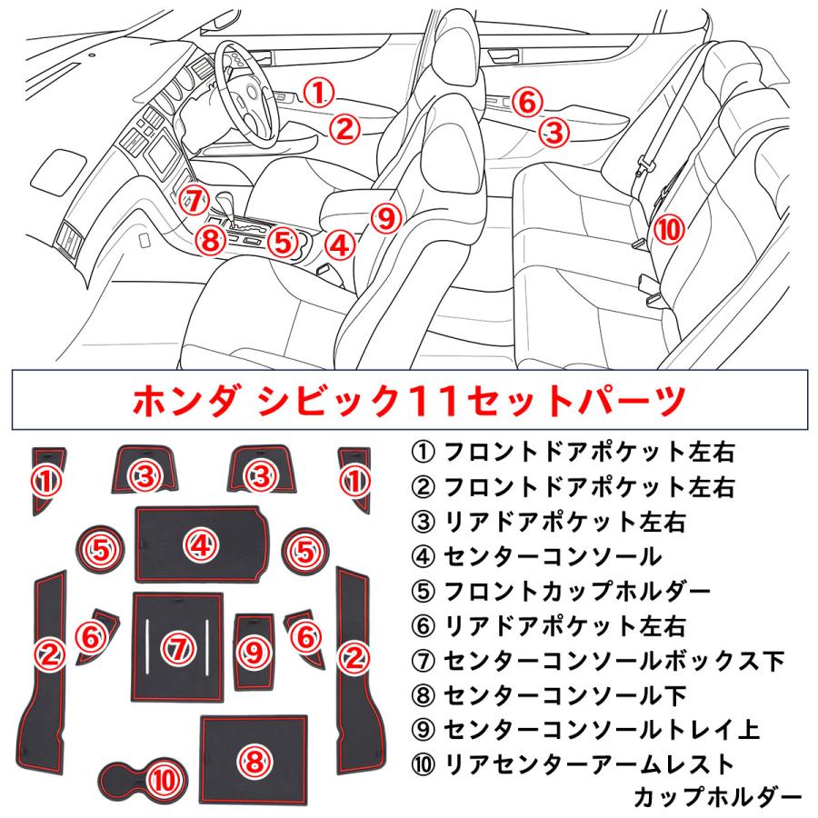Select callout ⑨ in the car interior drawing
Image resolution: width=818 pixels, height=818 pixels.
386,218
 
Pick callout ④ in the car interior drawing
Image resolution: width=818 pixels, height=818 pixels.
338,244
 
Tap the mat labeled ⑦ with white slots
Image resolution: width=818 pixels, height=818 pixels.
177,647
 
